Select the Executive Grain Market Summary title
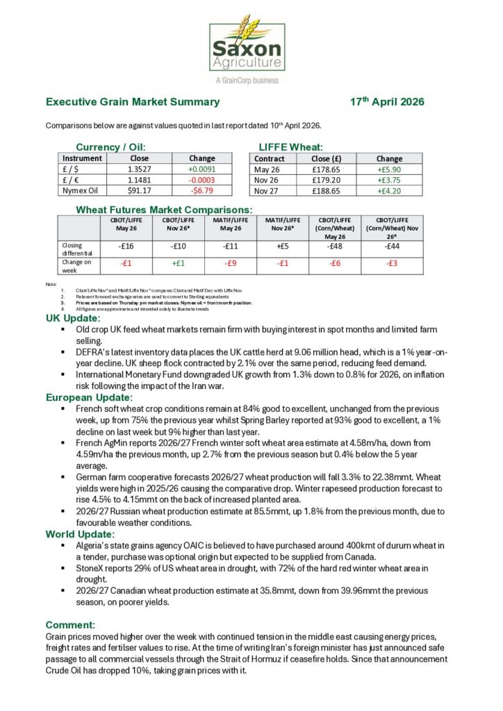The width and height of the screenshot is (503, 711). pyautogui.click(x=133, y=102)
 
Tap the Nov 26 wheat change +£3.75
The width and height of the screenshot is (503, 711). pyautogui.click(x=389, y=179)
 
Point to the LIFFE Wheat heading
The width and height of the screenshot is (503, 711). pyautogui.click(x=290, y=147)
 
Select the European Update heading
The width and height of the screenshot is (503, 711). pyautogui.click(x=89, y=398)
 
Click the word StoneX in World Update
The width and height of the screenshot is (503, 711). pyautogui.click(x=92, y=568)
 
